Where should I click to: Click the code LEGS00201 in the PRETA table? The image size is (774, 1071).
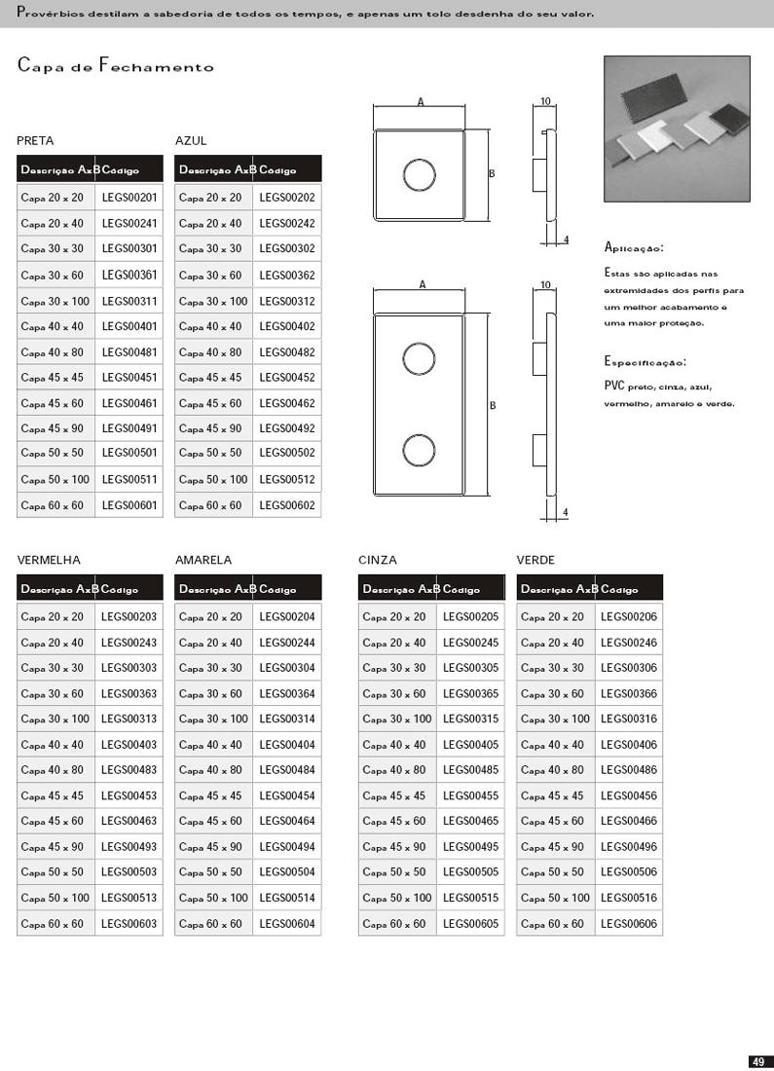tap(129, 198)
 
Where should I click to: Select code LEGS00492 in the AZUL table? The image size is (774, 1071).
tap(286, 428)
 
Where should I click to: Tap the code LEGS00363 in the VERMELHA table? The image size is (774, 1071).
tap(129, 694)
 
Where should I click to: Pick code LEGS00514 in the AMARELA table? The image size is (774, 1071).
tap(286, 898)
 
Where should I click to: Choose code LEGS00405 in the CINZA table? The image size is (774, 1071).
tap(470, 745)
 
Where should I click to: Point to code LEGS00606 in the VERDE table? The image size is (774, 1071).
tap(629, 924)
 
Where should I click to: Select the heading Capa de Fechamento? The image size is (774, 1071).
tap(115, 67)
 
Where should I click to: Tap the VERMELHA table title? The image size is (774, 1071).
tap(49, 560)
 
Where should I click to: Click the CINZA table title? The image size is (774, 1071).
tap(378, 560)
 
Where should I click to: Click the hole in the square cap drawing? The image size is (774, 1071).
tap(421, 175)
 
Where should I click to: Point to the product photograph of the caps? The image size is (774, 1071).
tap(677, 129)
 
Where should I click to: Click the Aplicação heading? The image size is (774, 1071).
tap(634, 247)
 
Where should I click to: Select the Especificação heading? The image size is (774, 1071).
tap(645, 361)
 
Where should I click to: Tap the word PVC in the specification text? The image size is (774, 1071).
tap(613, 386)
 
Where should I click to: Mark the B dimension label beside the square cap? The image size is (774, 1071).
tap(492, 173)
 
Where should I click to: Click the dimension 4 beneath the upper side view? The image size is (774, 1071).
tap(566, 240)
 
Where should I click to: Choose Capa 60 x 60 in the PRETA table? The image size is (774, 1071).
tap(53, 506)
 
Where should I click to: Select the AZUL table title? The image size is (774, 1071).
tap(191, 141)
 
